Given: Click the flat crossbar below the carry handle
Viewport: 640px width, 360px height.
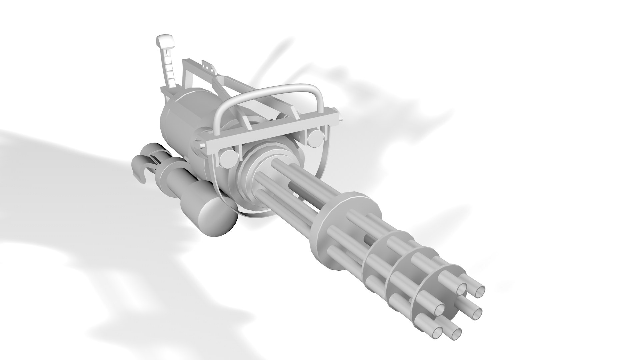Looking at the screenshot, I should [x=273, y=132].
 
